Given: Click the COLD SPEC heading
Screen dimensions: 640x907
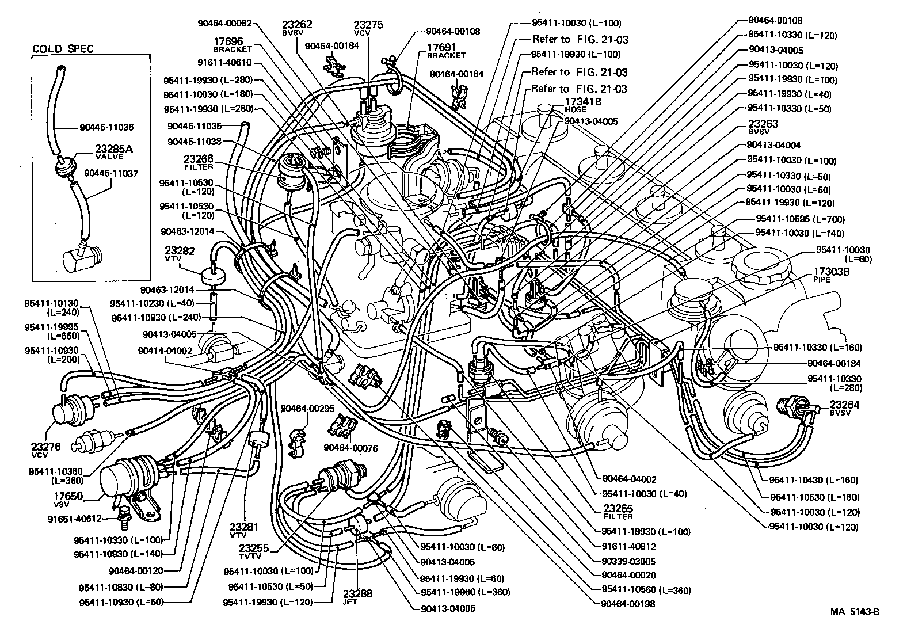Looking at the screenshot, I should (63, 49).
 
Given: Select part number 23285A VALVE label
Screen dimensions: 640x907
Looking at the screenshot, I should (113, 152).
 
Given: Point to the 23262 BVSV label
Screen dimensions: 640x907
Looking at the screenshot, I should (297, 28).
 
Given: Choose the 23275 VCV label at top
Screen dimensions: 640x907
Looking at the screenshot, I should (368, 28).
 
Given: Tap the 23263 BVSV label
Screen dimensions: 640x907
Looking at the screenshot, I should (763, 127).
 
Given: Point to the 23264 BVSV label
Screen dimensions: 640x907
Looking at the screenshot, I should (845, 407).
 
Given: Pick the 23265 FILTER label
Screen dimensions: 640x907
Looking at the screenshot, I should (618, 512).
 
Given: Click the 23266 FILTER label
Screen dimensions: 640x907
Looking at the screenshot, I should (199, 162).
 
